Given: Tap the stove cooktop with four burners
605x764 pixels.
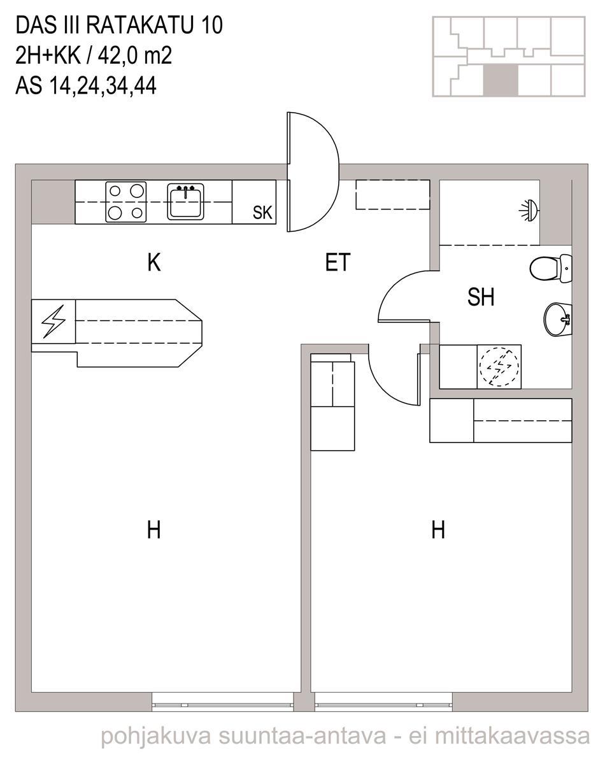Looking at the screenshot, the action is point(125,202).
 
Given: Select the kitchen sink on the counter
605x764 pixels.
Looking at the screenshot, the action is point(185,201).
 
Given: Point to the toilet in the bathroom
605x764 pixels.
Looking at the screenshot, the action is point(551,269).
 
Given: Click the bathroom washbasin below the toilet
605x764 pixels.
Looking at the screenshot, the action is point(558,319).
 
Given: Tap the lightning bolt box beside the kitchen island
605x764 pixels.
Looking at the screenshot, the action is point(53,322).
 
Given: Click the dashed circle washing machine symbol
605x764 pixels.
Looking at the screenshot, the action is point(499,367).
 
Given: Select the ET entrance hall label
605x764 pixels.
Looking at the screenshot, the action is point(338,262).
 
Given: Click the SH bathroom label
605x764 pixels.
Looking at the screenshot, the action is point(481,297).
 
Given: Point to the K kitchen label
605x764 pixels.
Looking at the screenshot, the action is point(154,262).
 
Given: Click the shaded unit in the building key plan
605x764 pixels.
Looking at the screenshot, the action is point(501,80).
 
